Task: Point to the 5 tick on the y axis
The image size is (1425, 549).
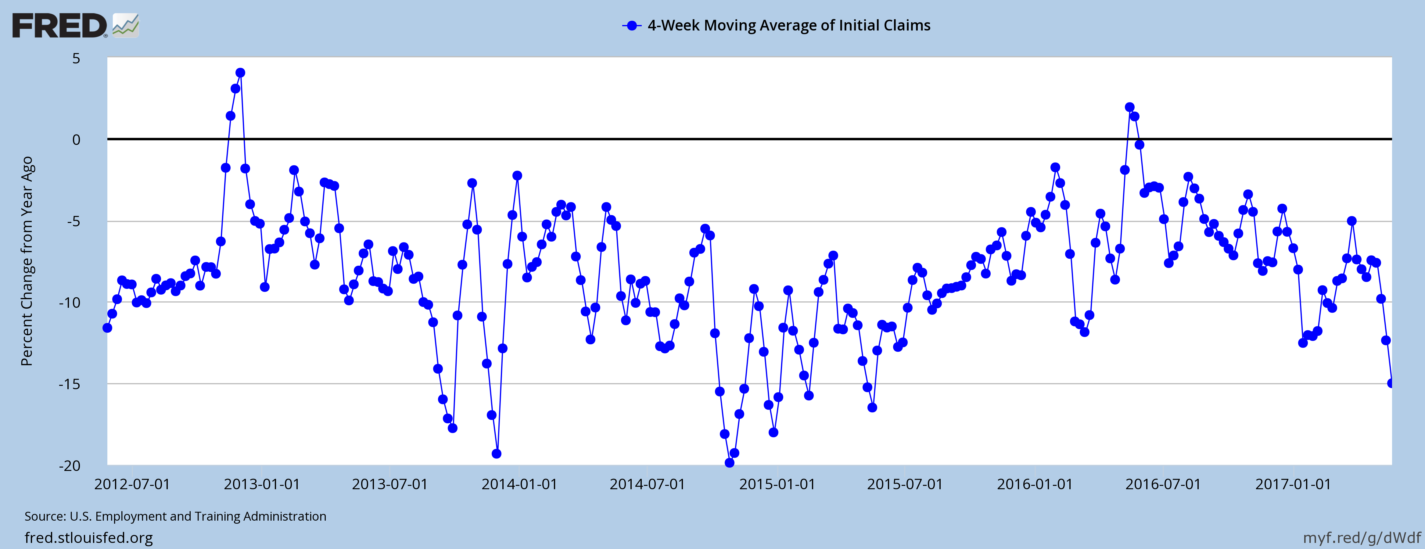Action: coord(76,58)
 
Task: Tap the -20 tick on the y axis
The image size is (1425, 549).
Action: coord(70,465)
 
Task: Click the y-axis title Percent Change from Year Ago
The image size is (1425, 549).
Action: coord(27,261)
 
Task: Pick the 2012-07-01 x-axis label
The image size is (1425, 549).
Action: coord(132,484)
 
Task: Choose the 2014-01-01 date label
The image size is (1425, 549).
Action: coord(519,484)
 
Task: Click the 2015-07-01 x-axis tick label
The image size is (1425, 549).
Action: coord(904,484)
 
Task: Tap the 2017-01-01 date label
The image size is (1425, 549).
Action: coord(1293,484)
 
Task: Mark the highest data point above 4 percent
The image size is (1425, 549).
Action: coord(240,73)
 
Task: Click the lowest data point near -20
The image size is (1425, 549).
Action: coord(730,463)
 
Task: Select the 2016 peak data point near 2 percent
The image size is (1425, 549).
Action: coord(1130,107)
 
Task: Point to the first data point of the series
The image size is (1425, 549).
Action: coord(107,328)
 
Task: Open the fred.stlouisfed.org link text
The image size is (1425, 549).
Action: coord(88,537)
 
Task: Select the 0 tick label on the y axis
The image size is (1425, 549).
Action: coord(76,139)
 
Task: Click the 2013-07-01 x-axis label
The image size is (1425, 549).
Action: coord(390,484)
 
